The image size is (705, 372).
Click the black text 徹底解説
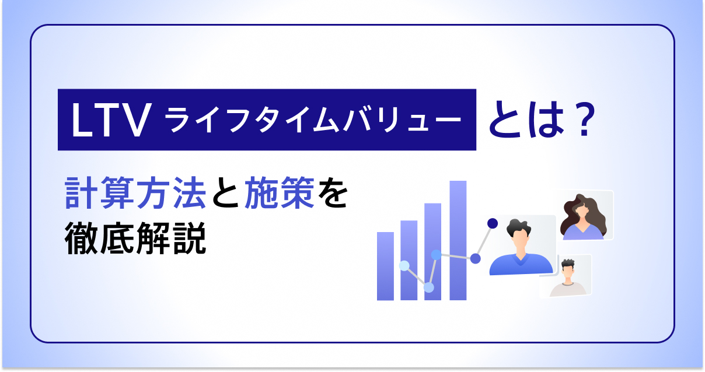(x=135, y=239)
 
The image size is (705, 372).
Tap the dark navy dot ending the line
(x=492, y=223)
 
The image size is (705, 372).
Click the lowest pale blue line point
(x=429, y=287)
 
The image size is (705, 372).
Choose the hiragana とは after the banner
(x=523, y=120)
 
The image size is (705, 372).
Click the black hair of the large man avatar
(x=519, y=226)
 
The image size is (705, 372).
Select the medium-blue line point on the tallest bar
(x=475, y=258)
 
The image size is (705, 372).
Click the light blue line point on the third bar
(x=435, y=254)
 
